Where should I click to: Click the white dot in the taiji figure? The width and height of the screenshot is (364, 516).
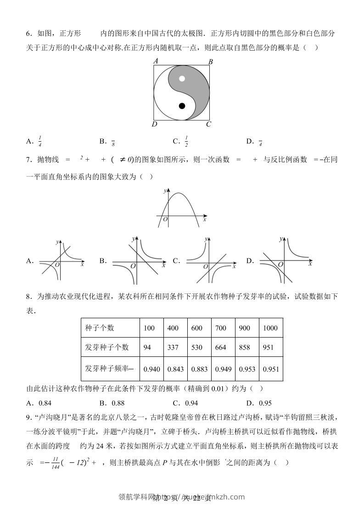coord(182,78)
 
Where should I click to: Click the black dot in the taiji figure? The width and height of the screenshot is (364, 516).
coord(182,106)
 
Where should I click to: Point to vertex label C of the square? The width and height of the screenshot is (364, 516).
coord(208,124)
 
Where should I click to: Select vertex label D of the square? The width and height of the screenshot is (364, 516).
coord(155,124)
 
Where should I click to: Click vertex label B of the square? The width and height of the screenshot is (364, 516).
coord(210,62)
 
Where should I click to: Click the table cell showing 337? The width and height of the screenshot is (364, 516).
coord(173,347)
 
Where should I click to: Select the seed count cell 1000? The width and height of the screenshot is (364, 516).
coord(270,328)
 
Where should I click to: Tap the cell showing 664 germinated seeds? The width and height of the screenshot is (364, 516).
coord(221,347)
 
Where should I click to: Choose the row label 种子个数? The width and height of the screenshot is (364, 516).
coord(100,328)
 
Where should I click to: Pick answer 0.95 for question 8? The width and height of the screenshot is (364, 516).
coord(265,403)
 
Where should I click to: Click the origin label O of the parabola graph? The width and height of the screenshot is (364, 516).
coord(165,220)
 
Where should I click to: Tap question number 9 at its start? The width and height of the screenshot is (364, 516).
coord(28,418)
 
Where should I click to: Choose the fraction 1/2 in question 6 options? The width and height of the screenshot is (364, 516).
coord(186,142)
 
